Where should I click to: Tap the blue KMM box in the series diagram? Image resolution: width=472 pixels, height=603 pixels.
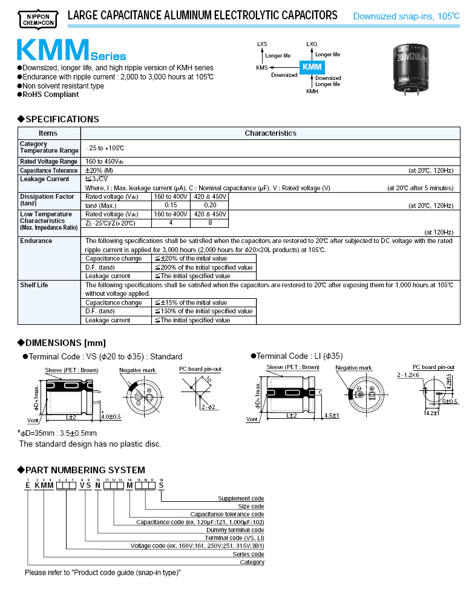pos(312,67)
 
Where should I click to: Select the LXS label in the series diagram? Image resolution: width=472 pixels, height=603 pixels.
pos(262,44)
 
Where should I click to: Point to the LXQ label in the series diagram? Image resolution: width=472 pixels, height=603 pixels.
pos(312,44)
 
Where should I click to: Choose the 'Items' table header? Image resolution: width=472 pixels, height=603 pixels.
pos(48,133)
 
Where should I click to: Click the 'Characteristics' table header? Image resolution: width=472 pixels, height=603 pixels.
pos(270,133)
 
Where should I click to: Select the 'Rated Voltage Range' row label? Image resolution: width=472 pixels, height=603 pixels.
pos(48,162)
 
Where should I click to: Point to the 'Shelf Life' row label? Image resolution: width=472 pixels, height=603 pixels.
pos(34,285)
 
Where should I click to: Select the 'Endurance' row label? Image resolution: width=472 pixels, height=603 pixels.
pos(36,241)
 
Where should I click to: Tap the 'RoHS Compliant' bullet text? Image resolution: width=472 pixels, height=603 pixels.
pos(51,95)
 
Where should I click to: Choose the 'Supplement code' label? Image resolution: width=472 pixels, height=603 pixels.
pos(241,499)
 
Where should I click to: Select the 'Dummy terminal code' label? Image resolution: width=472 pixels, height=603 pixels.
pos(236,530)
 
